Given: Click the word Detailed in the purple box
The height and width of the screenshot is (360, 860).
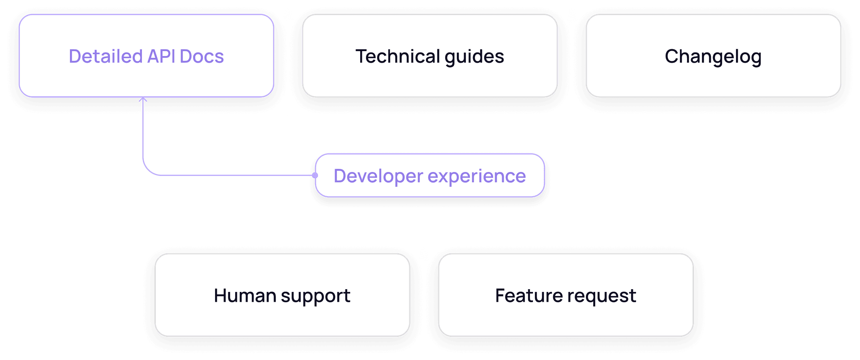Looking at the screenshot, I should pos(106,56).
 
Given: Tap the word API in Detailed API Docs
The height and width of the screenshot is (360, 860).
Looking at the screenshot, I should pos(161,56).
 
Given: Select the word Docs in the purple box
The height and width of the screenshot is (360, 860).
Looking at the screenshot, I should pos(202,56).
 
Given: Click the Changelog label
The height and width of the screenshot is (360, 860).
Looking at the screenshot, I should pos(713,56).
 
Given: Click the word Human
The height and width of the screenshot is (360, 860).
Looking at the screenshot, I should pos(245,296).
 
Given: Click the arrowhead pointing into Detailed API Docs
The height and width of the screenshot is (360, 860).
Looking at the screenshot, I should pos(143,100).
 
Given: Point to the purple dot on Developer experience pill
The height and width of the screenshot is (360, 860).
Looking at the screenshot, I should pos(315,176).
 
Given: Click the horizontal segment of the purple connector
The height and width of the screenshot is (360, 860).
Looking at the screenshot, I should pos(233,175).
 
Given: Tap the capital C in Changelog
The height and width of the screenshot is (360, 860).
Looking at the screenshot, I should pos(671,56).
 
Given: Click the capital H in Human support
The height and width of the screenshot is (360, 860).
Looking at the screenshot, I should pos(220,296).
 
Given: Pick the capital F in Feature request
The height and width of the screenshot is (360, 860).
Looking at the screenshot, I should pos(500,296).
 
